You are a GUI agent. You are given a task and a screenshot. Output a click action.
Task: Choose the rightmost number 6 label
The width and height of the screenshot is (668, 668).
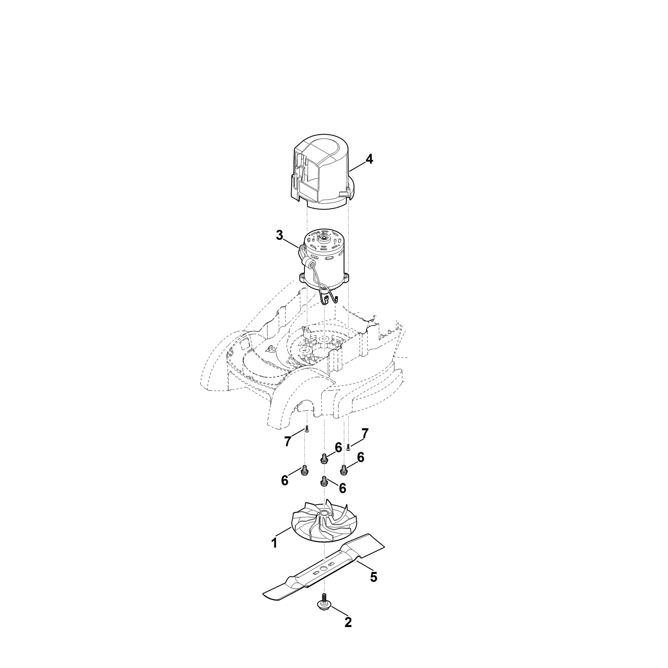click(x=361, y=457)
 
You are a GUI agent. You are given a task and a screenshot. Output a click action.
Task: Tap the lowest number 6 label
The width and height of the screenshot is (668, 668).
click(x=342, y=488)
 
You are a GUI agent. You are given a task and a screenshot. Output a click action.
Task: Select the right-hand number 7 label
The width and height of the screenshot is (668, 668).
click(x=365, y=433)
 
